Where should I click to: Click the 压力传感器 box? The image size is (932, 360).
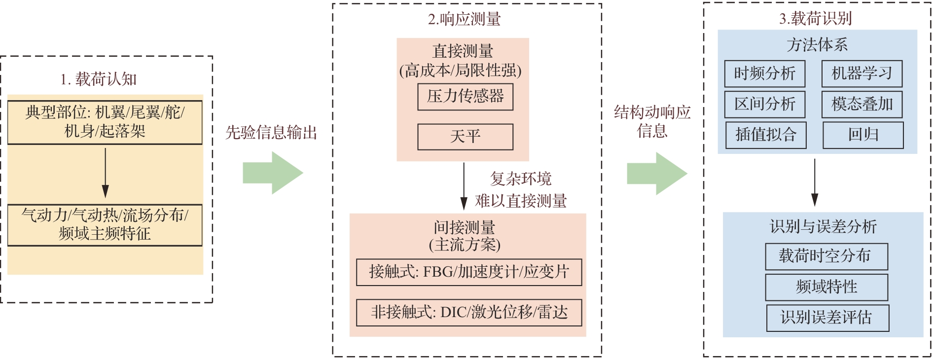465,97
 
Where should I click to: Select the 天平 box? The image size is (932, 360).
465,137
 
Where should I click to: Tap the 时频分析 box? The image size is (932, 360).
764,74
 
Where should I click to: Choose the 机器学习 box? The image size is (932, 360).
861,74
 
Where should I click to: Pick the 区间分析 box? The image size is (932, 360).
764,104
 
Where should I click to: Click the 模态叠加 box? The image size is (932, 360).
861,104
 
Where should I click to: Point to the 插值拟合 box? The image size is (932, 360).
766,135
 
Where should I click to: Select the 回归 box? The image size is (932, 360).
863,135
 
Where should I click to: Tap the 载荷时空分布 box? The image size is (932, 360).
826,256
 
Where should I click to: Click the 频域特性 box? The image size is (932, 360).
826,287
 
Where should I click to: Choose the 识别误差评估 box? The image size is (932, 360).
827,318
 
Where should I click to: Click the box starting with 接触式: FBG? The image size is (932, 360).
468,272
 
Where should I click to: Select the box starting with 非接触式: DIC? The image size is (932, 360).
468,313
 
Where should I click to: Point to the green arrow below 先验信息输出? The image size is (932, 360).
272,173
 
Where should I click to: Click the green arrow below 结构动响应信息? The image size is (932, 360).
656,173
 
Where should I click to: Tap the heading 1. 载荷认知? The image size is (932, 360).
98,79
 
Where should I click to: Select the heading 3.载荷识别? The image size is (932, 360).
815,19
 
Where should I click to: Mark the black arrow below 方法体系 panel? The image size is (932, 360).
815,182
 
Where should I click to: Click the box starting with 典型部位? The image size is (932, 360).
105,122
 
